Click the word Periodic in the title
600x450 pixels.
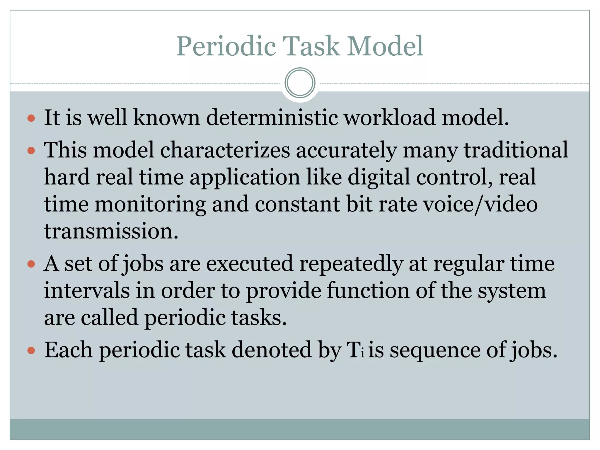point(226,46)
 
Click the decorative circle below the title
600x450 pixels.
point(300,83)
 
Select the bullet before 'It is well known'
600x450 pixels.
point(31,119)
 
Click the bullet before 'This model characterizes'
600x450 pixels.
point(31,151)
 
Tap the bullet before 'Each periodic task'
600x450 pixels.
point(31,350)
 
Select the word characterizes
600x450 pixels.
point(225,150)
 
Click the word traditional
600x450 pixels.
point(516,150)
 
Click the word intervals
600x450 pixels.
point(87,291)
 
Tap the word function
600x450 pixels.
point(368,291)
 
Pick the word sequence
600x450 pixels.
point(435,350)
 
